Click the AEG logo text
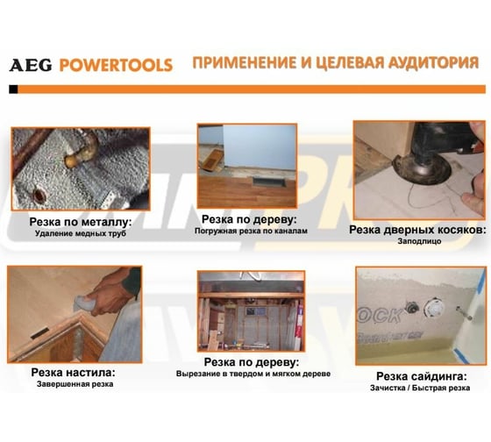pyautogui.click(x=31, y=65)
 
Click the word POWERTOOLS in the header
pyautogui.click(x=116, y=65)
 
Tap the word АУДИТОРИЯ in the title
pyautogui.click(x=433, y=62)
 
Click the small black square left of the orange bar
pyautogui.click(x=13, y=89)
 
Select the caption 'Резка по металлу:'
pyautogui.click(x=81, y=222)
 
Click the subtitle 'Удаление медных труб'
pyautogui.click(x=81, y=233)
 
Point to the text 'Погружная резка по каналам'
pyautogui.click(x=251, y=231)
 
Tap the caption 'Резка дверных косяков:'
pyautogui.click(x=417, y=230)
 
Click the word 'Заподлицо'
pyautogui.click(x=420, y=241)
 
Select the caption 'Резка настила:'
pyautogui.click(x=74, y=373)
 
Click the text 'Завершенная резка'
pyautogui.click(x=75, y=384)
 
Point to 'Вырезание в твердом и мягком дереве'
pyautogui.click(x=253, y=374)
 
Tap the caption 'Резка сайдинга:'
pyautogui.click(x=422, y=376)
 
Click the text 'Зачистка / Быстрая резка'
pyautogui.click(x=420, y=388)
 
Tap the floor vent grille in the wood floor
pyautogui.click(x=270, y=182)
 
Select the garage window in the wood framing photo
pyautogui.click(x=252, y=311)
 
